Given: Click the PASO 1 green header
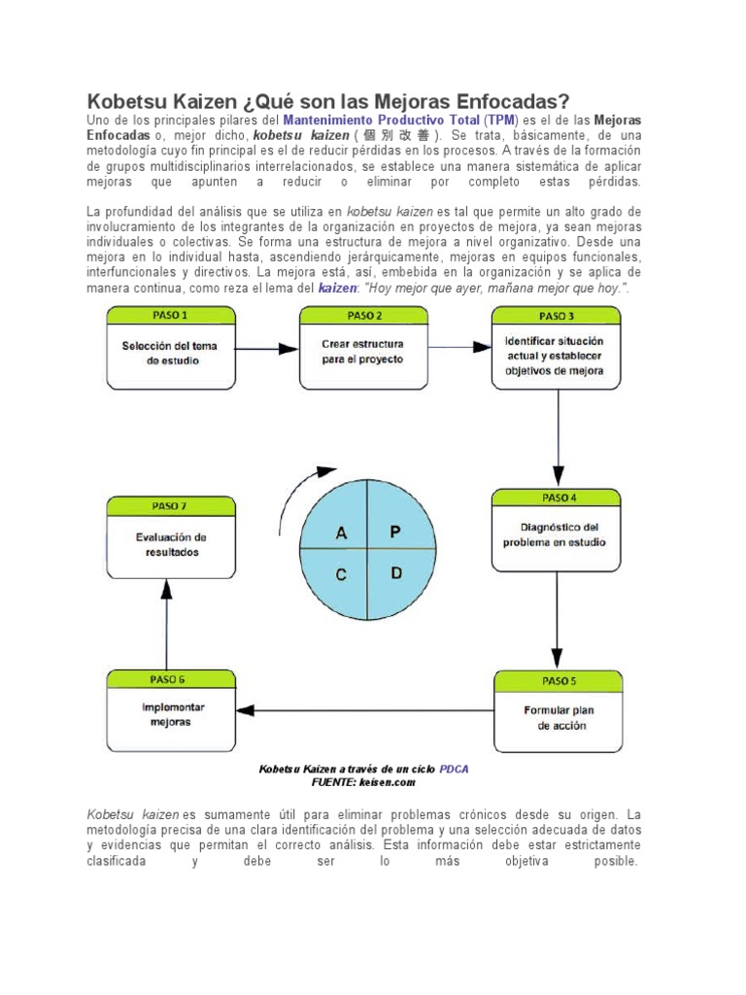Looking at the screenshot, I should (170, 315).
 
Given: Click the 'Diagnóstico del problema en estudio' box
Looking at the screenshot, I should (555, 534).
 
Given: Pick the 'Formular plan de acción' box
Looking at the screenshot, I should (559, 717).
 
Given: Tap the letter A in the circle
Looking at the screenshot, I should (341, 532).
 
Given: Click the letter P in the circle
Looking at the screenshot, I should (394, 532).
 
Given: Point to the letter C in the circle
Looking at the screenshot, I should (341, 574).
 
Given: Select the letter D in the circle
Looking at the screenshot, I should (395, 573).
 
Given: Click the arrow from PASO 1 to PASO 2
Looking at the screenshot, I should (267, 347).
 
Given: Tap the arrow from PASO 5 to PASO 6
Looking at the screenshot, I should (364, 709).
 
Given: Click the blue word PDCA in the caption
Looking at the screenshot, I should (454, 769).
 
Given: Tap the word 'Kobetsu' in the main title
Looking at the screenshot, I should (126, 101).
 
